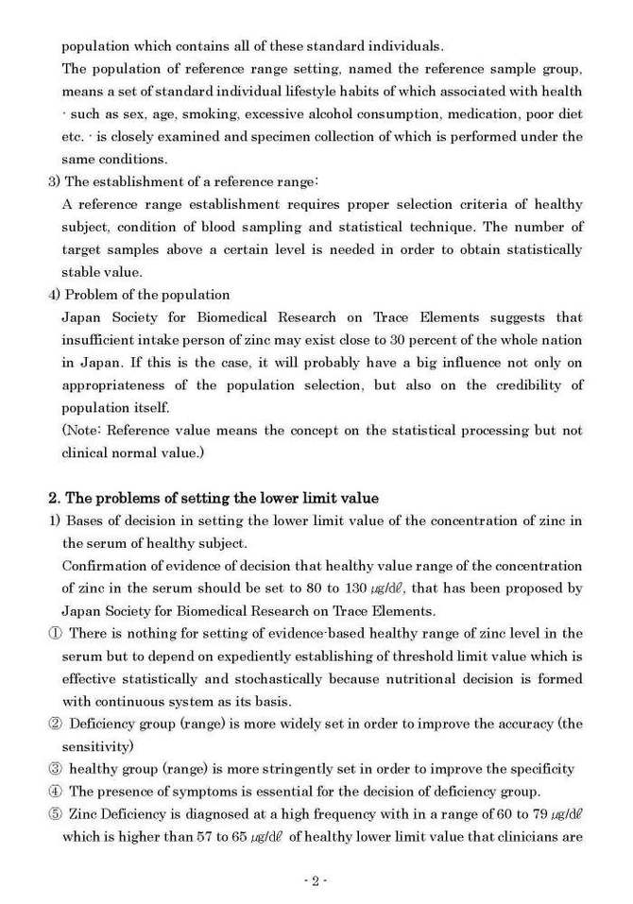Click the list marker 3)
click(x=55, y=181)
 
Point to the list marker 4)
click(x=55, y=295)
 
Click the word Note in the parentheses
click(x=86, y=431)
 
